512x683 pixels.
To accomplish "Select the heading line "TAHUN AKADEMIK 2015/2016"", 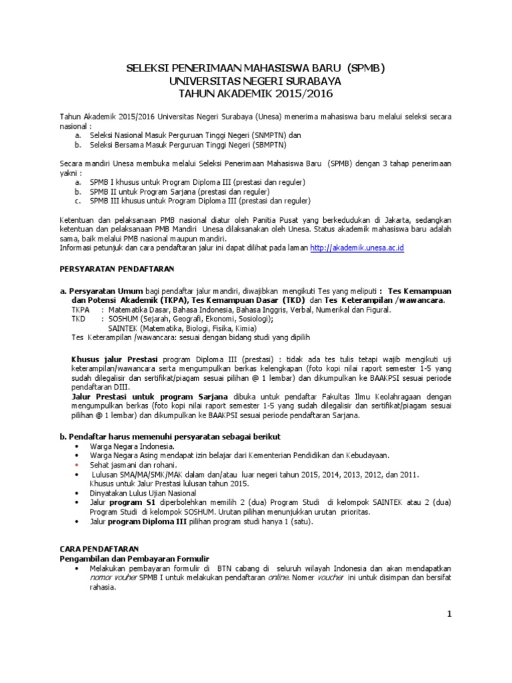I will (x=256, y=93).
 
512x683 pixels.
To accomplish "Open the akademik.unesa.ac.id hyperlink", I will (x=358, y=247).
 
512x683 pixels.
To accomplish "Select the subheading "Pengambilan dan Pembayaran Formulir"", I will (x=135, y=557).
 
